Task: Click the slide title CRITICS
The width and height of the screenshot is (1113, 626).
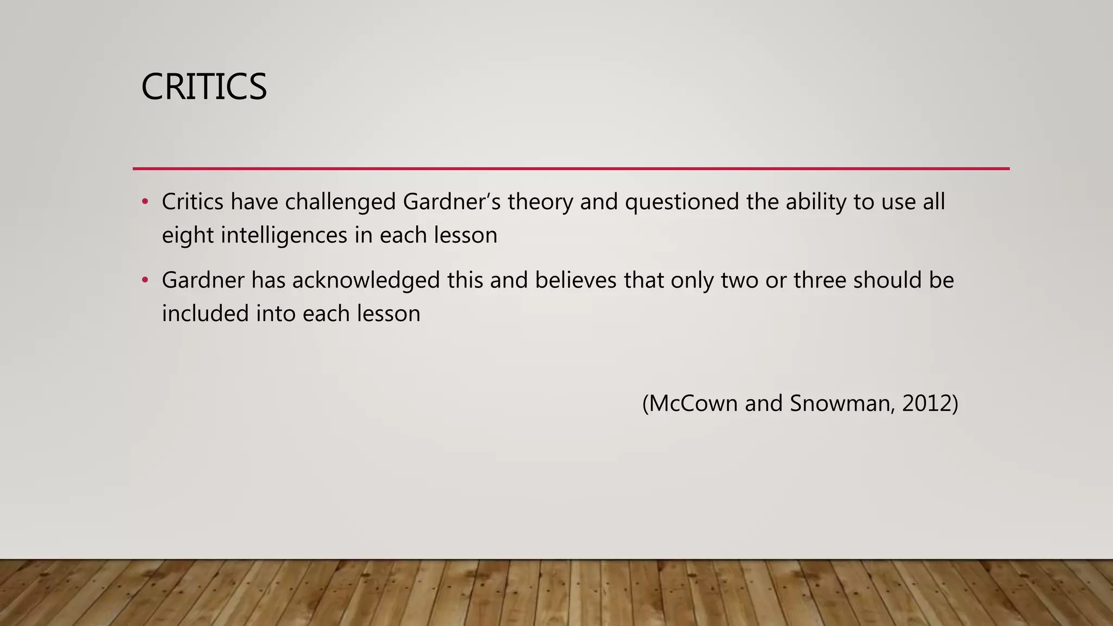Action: click(204, 87)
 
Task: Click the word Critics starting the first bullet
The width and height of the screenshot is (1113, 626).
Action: click(192, 202)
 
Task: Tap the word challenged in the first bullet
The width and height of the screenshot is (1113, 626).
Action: click(340, 202)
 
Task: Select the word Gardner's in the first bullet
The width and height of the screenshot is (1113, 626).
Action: click(452, 202)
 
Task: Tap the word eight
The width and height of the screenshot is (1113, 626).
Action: click(187, 235)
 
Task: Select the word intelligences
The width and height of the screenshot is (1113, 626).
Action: click(284, 235)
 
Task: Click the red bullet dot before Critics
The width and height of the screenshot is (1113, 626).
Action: click(145, 202)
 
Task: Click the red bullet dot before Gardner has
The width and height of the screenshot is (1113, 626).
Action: click(145, 280)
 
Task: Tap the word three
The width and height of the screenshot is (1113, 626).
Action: click(820, 280)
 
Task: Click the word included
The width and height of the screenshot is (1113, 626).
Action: click(205, 314)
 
